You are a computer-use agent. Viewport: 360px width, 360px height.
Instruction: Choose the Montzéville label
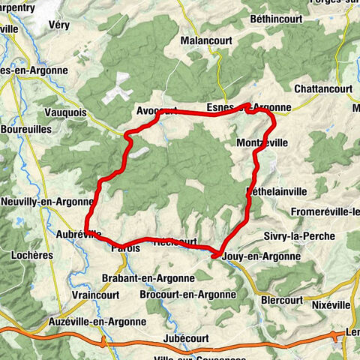[x=262, y=142]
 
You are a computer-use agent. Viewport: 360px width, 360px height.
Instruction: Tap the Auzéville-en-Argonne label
[x=98, y=321]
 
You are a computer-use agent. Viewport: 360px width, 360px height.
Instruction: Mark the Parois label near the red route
[x=125, y=247]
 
